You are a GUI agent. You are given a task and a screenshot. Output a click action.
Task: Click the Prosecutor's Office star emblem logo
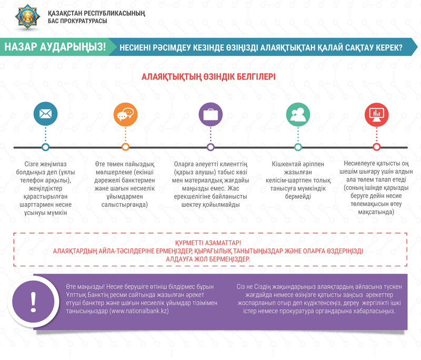tap(28, 16)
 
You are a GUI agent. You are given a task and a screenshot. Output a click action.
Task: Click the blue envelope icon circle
tap(45, 114)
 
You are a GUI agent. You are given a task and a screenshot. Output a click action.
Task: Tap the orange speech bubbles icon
tap(125, 114)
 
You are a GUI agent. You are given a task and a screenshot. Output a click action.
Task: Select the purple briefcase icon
tap(210, 114)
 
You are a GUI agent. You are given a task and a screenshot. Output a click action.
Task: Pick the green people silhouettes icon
tap(298, 114)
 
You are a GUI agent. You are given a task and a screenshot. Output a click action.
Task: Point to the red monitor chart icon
tap(376, 115)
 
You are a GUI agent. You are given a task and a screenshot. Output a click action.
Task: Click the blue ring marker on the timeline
tap(45, 147)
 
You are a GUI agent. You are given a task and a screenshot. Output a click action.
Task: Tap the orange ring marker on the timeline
tap(125, 147)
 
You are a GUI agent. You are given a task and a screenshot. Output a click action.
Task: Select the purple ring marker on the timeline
tap(210, 147)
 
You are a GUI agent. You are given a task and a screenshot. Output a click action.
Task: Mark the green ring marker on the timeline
tap(298, 147)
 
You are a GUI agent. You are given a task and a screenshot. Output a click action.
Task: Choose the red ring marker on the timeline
tap(376, 147)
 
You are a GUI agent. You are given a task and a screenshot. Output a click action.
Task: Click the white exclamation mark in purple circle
tap(33, 302)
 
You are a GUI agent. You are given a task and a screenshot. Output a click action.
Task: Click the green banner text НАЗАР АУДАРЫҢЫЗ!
tap(55, 47)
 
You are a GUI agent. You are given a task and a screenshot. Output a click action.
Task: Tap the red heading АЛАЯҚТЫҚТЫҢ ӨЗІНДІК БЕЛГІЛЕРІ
tap(208, 77)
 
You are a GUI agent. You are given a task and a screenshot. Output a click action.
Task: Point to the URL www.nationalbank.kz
tap(139, 311)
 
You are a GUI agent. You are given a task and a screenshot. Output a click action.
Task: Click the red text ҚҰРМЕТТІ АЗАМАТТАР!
tap(208, 243)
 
